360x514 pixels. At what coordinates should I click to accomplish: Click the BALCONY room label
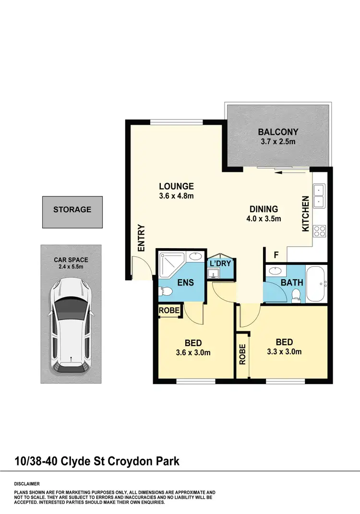coord(278,132)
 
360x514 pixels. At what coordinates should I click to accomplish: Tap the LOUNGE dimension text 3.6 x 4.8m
coord(176,196)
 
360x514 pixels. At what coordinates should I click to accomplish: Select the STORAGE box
coord(72,210)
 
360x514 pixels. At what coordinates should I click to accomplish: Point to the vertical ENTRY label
coord(141,238)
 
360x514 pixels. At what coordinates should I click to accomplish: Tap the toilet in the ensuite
coord(164,290)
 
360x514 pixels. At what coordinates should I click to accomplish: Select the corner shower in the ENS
coord(171,263)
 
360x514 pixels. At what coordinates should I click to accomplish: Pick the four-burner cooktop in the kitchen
coord(319,231)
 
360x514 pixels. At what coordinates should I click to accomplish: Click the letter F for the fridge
coord(276,254)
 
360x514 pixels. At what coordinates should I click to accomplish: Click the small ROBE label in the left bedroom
coord(170,311)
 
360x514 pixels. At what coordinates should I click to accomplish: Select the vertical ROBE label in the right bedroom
coord(243,355)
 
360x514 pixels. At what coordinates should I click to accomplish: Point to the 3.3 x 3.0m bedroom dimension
coord(284,352)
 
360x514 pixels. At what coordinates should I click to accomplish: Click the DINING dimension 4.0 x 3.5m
coord(264,219)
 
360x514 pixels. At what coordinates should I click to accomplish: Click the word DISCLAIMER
coord(26,484)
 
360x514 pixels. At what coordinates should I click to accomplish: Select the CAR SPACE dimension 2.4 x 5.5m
coord(71,266)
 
